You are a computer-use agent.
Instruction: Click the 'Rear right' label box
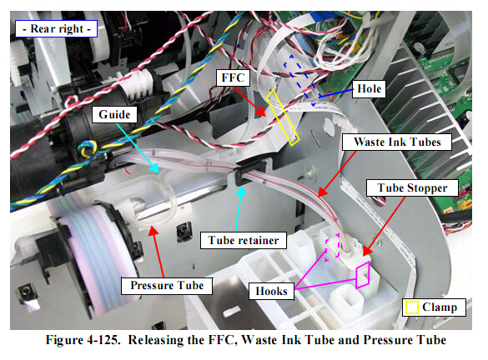pos(57,29)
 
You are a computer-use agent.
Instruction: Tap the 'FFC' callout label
pos(233,77)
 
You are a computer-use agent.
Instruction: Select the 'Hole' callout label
pos(369,89)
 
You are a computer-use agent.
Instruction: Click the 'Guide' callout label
pos(114,114)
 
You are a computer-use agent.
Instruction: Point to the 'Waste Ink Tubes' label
pos(397,142)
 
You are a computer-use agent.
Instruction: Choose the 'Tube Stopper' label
pos(412,187)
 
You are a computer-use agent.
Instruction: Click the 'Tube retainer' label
pos(244,240)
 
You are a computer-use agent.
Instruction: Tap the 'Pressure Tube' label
pos(167,285)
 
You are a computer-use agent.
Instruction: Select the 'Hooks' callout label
pos(271,292)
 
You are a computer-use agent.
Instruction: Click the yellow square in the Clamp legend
pos(412,307)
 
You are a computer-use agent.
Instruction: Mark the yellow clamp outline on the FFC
pos(283,118)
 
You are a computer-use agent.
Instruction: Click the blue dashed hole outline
pos(303,79)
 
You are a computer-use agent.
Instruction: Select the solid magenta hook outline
pos(363,275)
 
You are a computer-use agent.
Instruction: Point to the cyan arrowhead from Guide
pos(154,167)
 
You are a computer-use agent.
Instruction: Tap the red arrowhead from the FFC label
pos(261,112)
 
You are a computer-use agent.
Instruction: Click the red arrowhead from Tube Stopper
pos(368,250)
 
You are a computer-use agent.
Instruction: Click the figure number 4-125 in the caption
pos(104,340)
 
